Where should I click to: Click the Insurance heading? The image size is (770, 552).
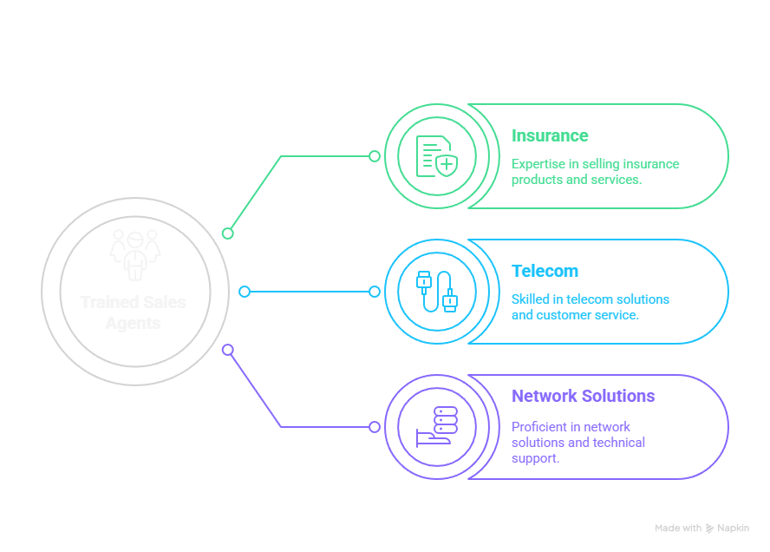point(550,136)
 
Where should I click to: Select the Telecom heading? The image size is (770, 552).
point(545,272)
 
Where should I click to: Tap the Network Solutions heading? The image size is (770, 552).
point(583,397)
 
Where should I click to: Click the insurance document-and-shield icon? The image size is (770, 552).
point(436,156)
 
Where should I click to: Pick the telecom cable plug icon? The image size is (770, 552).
point(436,292)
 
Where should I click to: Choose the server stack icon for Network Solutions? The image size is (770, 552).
point(436,426)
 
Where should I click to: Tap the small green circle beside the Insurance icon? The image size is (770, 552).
point(375,156)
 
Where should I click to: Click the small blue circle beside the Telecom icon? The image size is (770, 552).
point(375,292)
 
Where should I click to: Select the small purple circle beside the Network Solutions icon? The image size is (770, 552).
point(375,427)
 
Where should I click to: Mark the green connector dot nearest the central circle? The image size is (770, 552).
point(228,233)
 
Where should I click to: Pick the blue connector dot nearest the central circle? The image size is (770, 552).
point(245,292)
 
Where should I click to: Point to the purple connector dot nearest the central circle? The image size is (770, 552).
point(228,350)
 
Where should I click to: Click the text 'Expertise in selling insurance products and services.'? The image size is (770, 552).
point(595,172)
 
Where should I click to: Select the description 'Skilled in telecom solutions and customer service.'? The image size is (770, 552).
point(590,307)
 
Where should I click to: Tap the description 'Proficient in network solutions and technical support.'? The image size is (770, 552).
point(577,443)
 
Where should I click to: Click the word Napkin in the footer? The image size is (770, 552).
point(732,528)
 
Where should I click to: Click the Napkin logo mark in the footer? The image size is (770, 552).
point(710,528)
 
